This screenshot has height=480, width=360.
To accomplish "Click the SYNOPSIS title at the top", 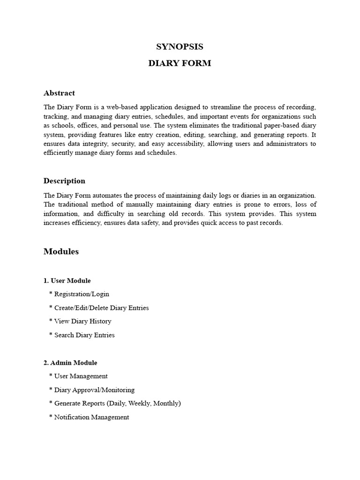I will point(180,46).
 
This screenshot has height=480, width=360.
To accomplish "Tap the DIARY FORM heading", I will point(180,63).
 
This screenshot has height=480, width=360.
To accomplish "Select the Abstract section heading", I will point(59,93).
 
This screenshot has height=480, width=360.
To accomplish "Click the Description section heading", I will point(64,181).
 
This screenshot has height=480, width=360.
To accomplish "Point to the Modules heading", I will point(61,252).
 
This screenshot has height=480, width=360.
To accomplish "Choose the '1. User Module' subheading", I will point(67,281).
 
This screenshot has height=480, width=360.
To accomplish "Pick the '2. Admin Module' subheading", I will point(70,363).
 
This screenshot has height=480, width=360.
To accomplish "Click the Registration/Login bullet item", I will point(82,294).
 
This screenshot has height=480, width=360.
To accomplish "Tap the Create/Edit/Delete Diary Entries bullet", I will point(101,308).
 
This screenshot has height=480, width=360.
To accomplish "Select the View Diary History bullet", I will point(82,322).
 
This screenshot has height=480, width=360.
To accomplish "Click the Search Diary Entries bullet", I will point(84,335).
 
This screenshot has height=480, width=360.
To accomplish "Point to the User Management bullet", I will point(81,376).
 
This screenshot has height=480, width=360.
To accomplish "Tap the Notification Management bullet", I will point(91,417).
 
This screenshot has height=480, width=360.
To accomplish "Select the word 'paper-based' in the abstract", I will point(270,126).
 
